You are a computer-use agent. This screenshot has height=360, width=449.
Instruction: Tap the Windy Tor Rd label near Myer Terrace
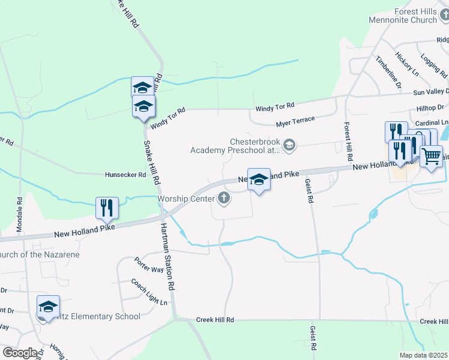click(274, 106)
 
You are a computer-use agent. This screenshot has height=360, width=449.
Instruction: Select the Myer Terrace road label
click(295, 121)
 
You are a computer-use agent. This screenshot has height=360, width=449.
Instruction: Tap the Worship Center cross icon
click(224, 198)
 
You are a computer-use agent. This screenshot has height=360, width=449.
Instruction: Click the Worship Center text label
click(185, 198)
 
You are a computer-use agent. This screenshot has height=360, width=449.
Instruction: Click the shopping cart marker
click(431, 156)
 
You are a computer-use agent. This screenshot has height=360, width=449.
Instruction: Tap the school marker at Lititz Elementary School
click(48, 307)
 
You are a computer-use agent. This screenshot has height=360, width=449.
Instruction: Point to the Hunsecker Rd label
click(125, 175)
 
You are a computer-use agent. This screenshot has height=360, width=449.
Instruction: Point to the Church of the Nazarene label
click(40, 254)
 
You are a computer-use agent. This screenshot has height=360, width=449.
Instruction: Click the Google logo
click(20, 353)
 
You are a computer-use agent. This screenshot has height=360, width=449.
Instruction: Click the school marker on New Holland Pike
click(259, 179)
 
